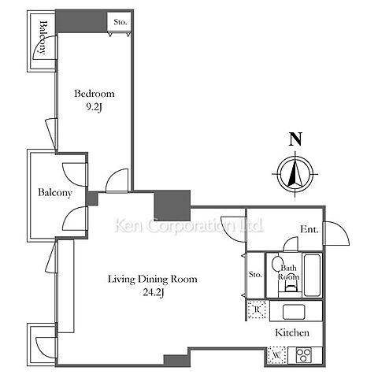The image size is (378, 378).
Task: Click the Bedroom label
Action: point(94,94)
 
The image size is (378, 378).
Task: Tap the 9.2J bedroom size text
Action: point(94,107)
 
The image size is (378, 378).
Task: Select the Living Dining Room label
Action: point(153,279)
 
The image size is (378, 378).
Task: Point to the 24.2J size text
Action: point(154,292)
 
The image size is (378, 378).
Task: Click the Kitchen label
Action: point(292,333)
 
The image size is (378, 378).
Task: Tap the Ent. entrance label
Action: point(309,229)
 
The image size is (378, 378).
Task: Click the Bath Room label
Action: point(288,272)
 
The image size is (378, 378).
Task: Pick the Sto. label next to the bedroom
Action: point(120,22)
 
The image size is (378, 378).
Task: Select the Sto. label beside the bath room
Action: point(255,275)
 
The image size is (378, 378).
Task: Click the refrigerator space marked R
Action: point(257,310)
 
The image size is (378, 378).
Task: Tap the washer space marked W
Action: point(276,355)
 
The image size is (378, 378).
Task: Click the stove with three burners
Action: point(303,355)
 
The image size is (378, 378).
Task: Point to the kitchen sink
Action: point(294,312)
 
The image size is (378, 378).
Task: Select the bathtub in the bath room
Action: point(312,275)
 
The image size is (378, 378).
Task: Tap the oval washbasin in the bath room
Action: point(278,264)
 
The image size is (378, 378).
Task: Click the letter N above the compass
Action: point(295,139)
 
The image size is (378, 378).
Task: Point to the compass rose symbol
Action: point(295,174)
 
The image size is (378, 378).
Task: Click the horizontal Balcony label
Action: point(55,192)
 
